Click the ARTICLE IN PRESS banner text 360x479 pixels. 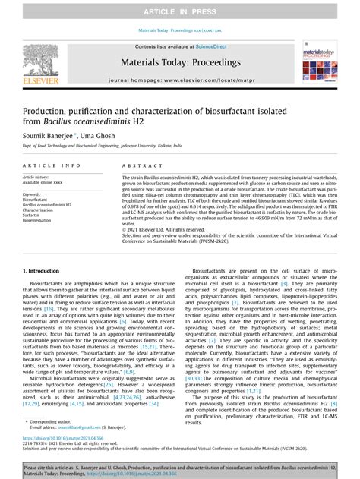(x=180, y=10)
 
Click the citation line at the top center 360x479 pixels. (x=180, y=31)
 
